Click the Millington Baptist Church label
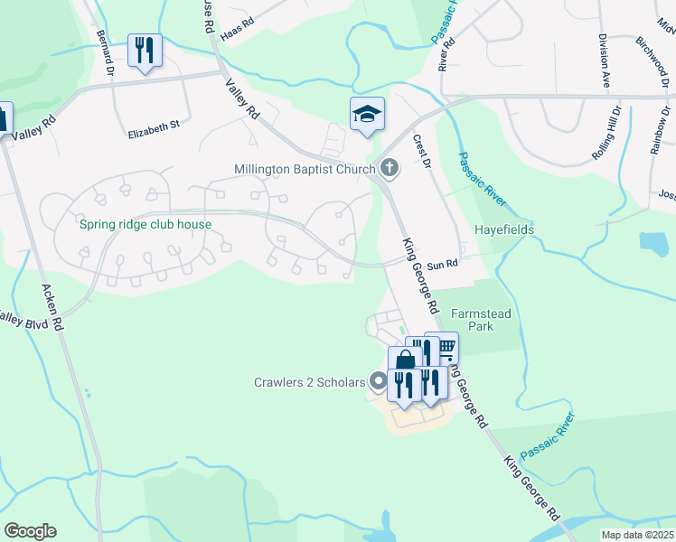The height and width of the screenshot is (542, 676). click(304, 169)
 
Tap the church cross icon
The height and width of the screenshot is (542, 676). click(390, 168)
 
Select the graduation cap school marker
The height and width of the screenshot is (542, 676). click(367, 114)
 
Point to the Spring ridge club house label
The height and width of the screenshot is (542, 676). click(146, 225)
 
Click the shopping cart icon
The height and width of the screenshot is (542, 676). click(446, 347)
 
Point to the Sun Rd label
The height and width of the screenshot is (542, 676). click(443, 265)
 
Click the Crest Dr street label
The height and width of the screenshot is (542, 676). click(420, 149)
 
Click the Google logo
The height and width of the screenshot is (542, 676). click(30, 531)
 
